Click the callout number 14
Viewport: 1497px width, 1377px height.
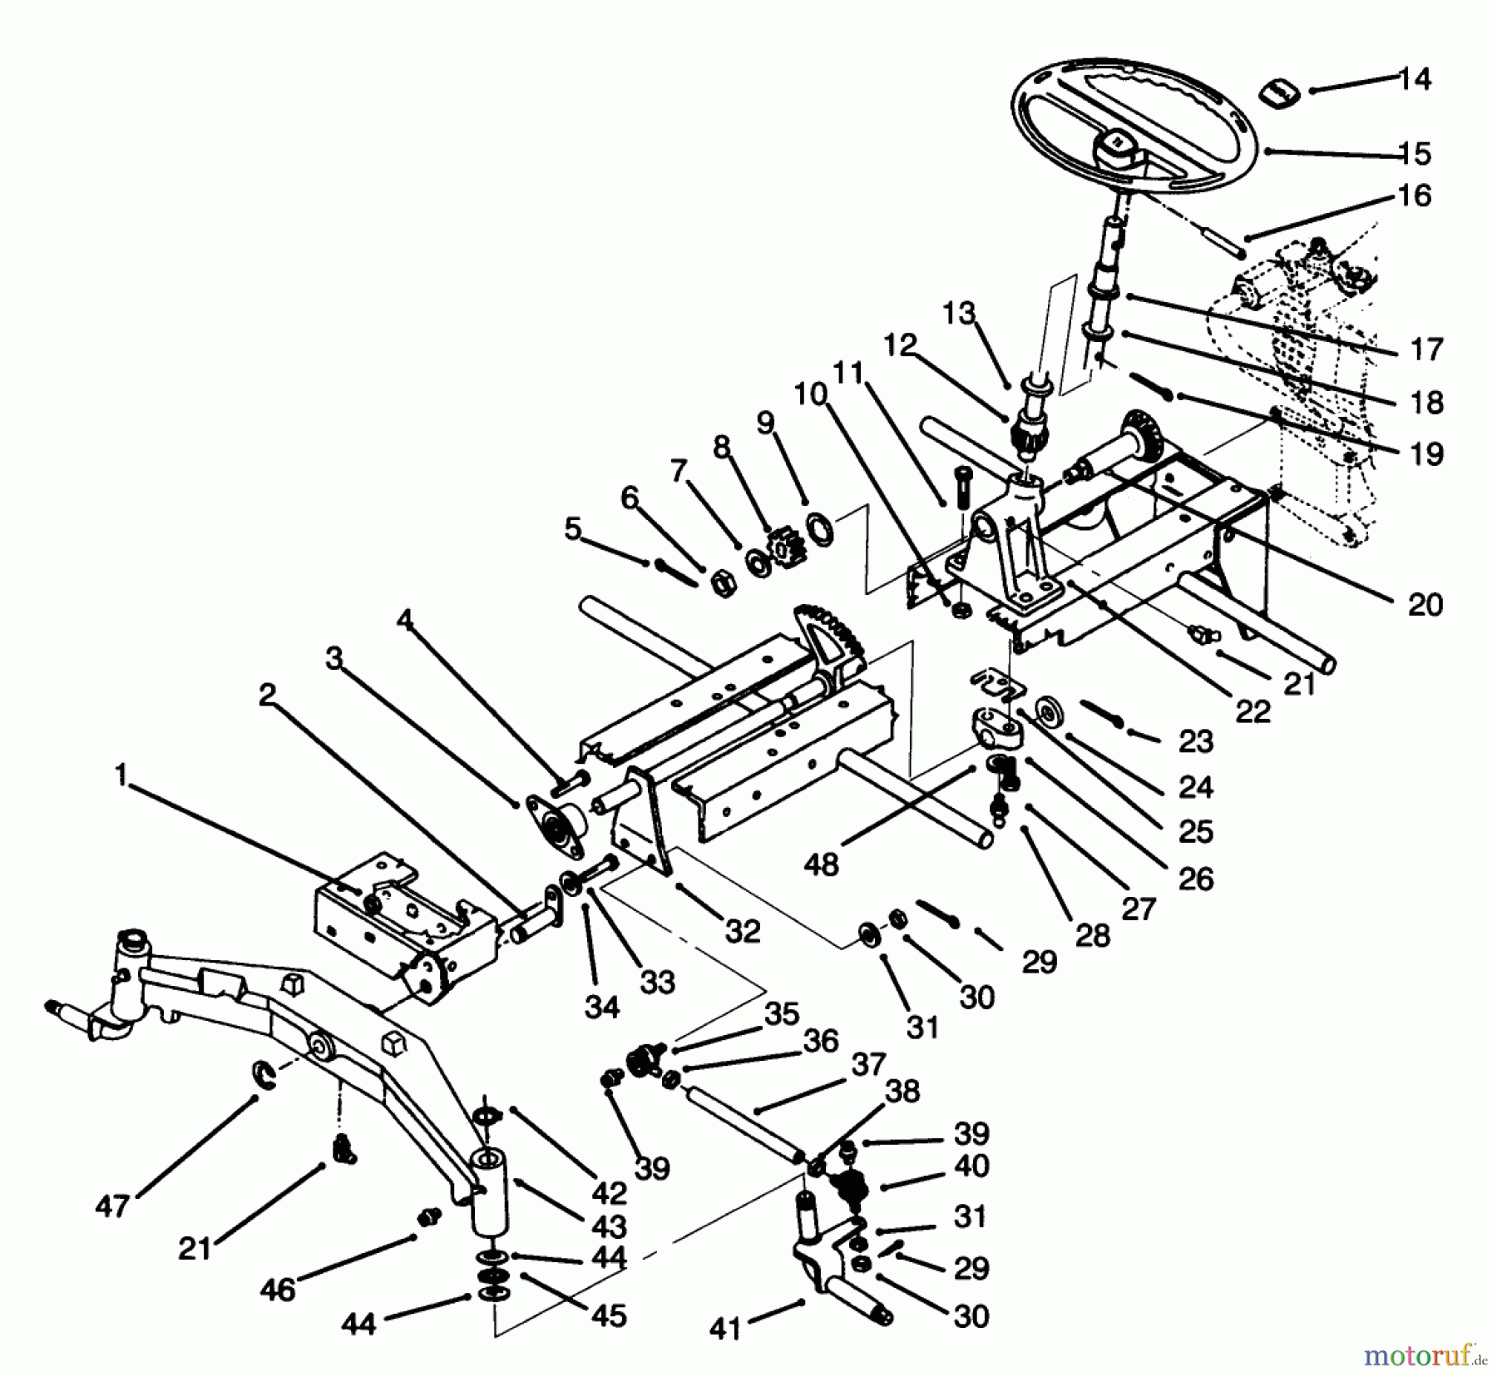point(1414,80)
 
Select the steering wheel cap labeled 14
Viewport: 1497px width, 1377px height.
point(1279,92)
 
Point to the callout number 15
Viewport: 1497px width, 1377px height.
point(1415,153)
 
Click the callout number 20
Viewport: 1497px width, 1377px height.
point(1425,604)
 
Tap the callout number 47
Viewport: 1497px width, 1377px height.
point(112,1206)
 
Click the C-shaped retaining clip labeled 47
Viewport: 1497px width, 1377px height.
point(264,1074)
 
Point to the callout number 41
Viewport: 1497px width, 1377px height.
point(724,1330)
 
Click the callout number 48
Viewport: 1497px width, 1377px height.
point(821,864)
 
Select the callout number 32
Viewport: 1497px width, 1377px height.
point(743,931)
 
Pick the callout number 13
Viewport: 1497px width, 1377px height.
point(958,315)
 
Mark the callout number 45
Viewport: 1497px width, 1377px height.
point(608,1315)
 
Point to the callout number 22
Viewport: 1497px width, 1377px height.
point(1252,711)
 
